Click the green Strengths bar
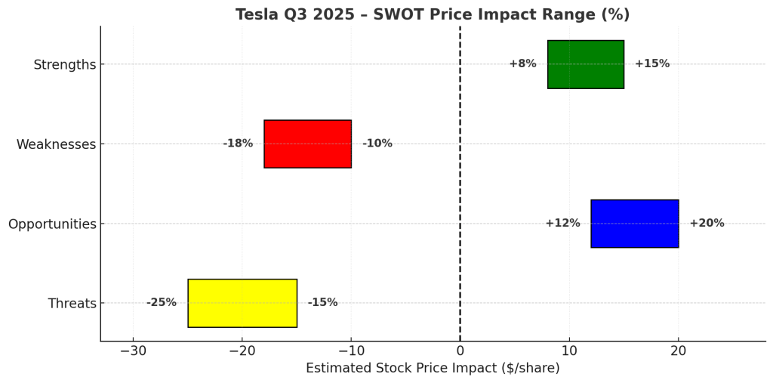click(x=585, y=64)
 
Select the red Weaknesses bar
click(x=307, y=144)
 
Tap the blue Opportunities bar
click(x=634, y=224)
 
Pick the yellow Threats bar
click(x=242, y=303)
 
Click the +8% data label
click(x=522, y=64)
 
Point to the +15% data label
click(x=651, y=64)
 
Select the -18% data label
click(x=238, y=144)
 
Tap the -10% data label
click(x=377, y=144)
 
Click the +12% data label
click(x=562, y=224)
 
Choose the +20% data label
click(x=707, y=224)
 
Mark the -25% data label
click(x=161, y=303)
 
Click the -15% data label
click(x=322, y=303)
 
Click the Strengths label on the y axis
click(x=64, y=65)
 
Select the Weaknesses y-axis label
click(x=56, y=144)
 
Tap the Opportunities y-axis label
click(x=52, y=224)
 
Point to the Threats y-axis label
click(x=72, y=304)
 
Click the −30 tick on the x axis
click(x=133, y=351)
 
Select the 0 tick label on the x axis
click(x=460, y=351)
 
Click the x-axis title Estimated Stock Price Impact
click(x=433, y=369)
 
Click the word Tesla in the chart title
click(x=256, y=15)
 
